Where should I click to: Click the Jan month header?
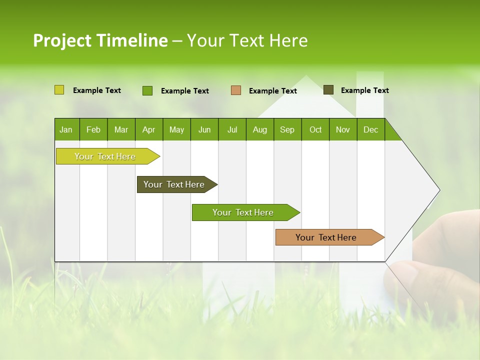(66, 129)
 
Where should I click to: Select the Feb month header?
(93, 129)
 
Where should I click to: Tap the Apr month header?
(148, 129)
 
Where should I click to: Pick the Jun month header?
(204, 129)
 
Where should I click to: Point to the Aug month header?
(259, 129)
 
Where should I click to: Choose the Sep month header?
(287, 129)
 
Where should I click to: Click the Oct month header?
(315, 129)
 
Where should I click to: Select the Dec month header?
(370, 129)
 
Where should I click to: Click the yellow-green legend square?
(59, 90)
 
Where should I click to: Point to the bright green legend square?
(147, 90)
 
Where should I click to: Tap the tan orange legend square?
(236, 90)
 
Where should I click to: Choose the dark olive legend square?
(328, 90)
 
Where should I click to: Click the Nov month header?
(342, 129)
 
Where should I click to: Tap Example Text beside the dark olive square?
(364, 90)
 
